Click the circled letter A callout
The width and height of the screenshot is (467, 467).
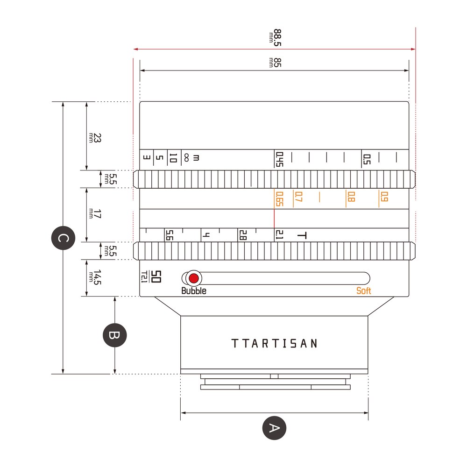coord(274,428)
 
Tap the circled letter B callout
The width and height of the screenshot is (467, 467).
coord(115,335)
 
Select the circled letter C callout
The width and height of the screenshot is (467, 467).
coord(63,238)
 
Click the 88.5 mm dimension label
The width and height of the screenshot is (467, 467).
coord(275,37)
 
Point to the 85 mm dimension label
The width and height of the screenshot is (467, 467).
coord(275,63)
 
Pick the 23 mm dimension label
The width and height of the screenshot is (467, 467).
coord(95,138)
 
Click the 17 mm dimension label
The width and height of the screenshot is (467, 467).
coord(95,213)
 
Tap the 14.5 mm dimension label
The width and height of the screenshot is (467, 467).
coord(95,277)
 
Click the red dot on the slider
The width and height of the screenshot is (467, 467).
coord(194,278)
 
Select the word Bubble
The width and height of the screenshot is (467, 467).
coord(194,290)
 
